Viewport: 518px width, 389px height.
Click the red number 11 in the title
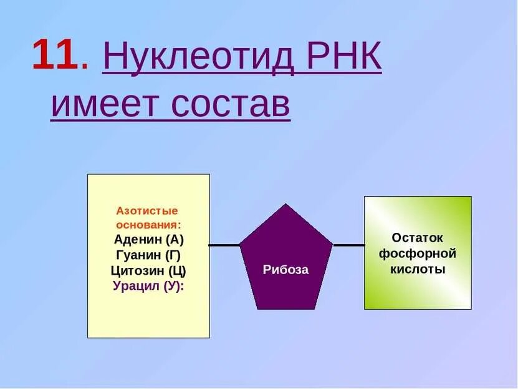click(55, 56)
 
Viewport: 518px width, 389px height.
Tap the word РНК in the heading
click(342, 58)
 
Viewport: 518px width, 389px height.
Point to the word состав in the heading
click(229, 104)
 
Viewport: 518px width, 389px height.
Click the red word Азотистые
click(147, 210)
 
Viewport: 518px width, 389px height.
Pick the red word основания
click(148, 224)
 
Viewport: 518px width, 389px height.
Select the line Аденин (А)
click(149, 240)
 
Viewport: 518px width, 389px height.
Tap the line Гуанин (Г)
click(149, 255)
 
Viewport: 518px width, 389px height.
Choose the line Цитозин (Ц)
click(149, 271)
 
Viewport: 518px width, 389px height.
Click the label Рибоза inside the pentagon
click(285, 270)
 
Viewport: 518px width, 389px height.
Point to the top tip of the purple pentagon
click(286, 205)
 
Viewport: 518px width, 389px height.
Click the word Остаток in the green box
click(418, 238)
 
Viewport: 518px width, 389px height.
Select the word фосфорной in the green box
click(418, 254)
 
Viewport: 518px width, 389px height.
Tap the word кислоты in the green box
click(418, 270)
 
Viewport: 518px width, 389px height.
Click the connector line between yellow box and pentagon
click(224, 245)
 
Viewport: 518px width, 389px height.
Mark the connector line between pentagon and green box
click(349, 245)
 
